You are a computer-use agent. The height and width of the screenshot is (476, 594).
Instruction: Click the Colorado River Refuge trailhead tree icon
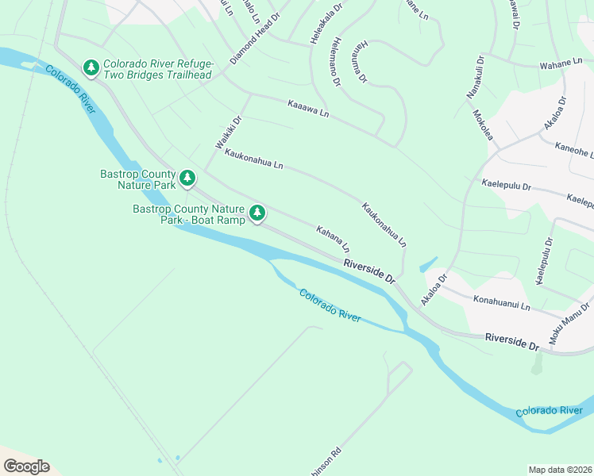[x=92, y=69]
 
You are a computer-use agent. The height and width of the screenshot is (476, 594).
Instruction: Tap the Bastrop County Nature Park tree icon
[x=187, y=178]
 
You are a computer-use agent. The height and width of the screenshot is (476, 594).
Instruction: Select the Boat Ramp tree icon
[x=257, y=213]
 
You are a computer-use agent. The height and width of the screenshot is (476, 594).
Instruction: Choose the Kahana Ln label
[x=333, y=239]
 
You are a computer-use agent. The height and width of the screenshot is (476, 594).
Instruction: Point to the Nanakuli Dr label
[x=479, y=75]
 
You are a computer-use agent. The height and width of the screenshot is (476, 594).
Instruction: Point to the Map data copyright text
[x=560, y=469]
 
